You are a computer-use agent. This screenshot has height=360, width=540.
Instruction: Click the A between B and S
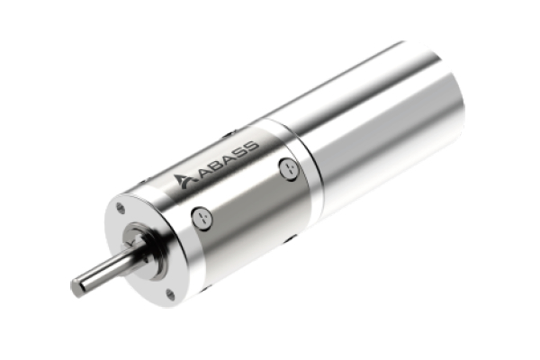pyautogui.click(x=226, y=157)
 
